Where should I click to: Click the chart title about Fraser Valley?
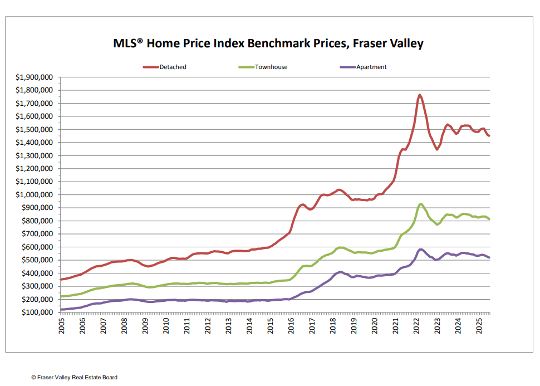pyautogui.click(x=268, y=43)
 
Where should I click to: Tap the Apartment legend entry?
pyautogui.click(x=371, y=67)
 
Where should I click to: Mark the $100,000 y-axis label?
pyautogui.click(x=35, y=312)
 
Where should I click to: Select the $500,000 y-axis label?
pyautogui.click(x=35, y=260)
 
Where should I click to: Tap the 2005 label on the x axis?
pyautogui.click(x=62, y=326)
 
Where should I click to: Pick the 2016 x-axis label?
pyautogui.click(x=291, y=326)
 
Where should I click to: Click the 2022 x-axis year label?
pyautogui.click(x=416, y=326)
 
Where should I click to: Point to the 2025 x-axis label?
pyautogui.click(x=479, y=326)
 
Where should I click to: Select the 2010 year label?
pyautogui.click(x=166, y=326)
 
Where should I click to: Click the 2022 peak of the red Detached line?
pyautogui.click(x=419, y=95)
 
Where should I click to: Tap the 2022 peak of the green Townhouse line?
pyautogui.click(x=421, y=204)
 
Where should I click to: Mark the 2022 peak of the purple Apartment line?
pyautogui.click(x=421, y=249)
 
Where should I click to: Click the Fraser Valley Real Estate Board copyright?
pyautogui.click(x=74, y=377)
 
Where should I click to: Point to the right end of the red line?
pyautogui.click(x=489, y=136)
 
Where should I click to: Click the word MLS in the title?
pyautogui.click(x=127, y=43)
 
